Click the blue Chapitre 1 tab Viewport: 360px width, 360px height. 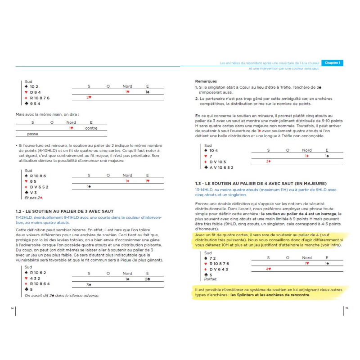pyautogui.click(x=333, y=63)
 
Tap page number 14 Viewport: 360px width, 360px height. pyautogui.click(x=12, y=308)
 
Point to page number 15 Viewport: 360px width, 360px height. pyautogui.click(x=346, y=308)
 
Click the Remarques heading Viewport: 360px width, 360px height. pyautogui.click(x=205, y=81)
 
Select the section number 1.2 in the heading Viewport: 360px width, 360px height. pyautogui.click(x=20, y=211)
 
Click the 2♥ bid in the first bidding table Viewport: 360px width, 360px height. pyautogui.click(x=89, y=97)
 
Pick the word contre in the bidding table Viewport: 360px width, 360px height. pyautogui.click(x=91, y=128)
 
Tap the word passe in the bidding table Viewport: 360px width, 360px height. pyautogui.click(x=32, y=134)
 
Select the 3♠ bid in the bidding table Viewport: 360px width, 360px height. pyautogui.click(x=89, y=284)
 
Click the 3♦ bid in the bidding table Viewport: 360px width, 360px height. pyautogui.click(x=268, y=161)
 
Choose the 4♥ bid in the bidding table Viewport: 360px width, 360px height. pyautogui.click(x=268, y=269)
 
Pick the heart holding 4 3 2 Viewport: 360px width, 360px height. pyautogui.click(x=35, y=278)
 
